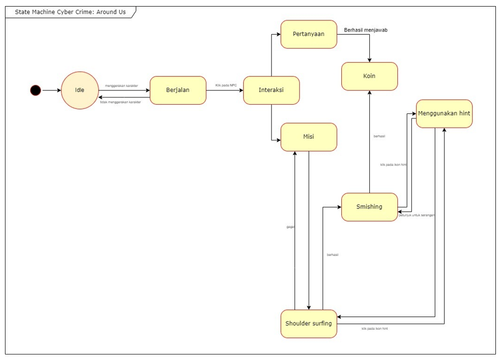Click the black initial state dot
coord(36,90)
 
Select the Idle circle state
coord(80,90)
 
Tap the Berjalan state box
coord(178,90)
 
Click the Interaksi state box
coord(271,90)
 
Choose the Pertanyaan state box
coord(308,34)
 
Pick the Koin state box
coord(369,77)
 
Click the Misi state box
coord(308,137)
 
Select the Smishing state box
coord(369,207)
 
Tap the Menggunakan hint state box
coord(444,114)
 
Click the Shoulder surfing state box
coord(308,324)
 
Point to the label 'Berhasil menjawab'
coord(365,30)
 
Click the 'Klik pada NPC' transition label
coord(226,85)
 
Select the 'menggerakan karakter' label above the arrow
coord(122,86)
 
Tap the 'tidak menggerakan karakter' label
coord(120,102)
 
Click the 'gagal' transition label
coord(290,227)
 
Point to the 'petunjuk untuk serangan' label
coord(417,215)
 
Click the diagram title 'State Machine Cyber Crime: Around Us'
coord(70,12)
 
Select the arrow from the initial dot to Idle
coord(51,90)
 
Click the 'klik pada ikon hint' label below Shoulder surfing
coord(374,329)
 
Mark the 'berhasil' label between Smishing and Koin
coord(379,136)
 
